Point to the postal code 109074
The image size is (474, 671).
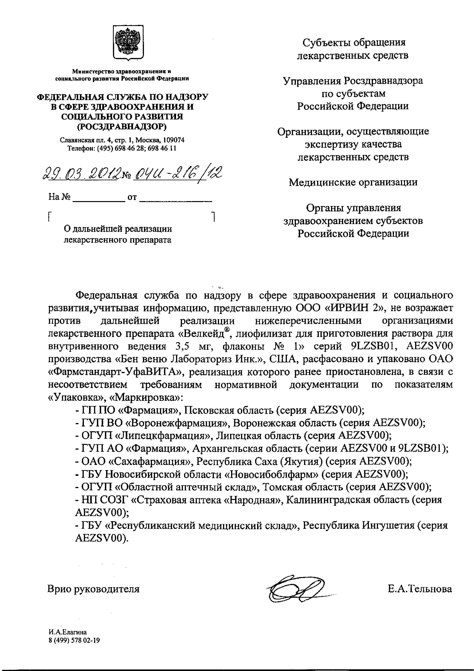coord(173,140)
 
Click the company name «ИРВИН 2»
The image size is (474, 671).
coord(344,308)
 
